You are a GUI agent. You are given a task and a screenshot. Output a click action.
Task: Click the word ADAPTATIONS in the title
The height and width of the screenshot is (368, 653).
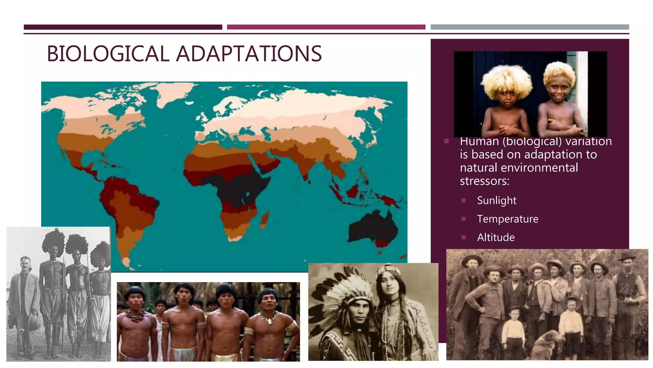(x=249, y=54)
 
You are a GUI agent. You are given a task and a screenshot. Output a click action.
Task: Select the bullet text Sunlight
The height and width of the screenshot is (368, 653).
(x=496, y=201)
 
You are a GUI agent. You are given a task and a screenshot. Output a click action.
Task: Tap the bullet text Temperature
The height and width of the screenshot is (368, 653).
(x=508, y=219)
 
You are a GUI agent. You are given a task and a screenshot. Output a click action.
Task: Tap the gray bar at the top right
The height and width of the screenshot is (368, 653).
(x=530, y=27)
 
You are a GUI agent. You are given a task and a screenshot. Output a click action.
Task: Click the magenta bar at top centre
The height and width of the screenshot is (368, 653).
(x=326, y=27)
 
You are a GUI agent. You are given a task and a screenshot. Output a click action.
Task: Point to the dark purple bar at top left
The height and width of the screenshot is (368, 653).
(x=123, y=27)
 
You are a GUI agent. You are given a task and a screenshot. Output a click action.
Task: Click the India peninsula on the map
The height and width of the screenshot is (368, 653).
(x=304, y=166)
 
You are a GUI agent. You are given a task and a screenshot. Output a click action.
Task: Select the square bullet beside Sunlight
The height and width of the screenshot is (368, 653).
(x=464, y=201)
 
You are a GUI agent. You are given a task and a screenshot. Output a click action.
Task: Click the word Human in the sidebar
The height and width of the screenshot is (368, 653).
(x=479, y=142)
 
